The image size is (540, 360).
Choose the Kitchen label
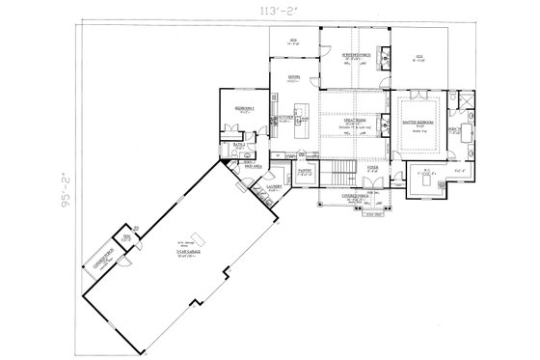(286, 117)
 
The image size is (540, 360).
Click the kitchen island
(300, 105)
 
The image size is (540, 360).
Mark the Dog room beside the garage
(125, 235)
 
